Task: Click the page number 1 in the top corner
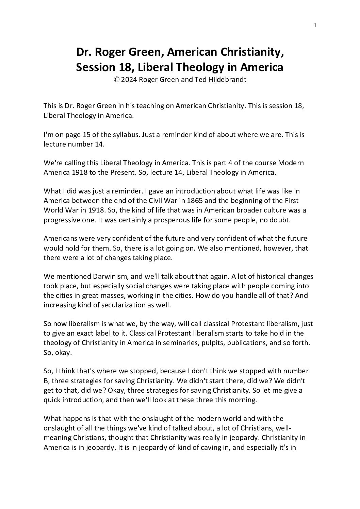[315, 25]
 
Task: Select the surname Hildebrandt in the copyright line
[222, 80]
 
